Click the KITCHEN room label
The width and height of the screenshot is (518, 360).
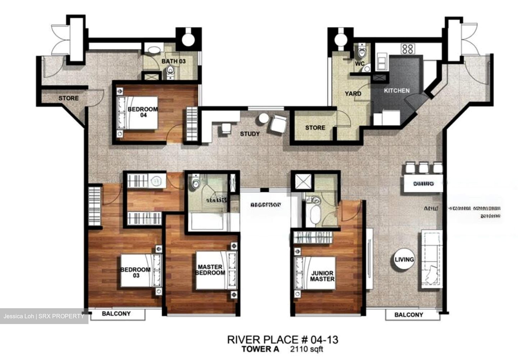pyautogui.click(x=396, y=91)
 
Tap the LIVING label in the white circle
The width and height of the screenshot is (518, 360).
pyautogui.click(x=404, y=259)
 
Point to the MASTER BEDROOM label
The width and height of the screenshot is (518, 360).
pyautogui.click(x=210, y=270)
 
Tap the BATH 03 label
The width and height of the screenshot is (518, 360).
pyautogui.click(x=173, y=61)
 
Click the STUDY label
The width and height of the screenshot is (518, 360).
pyautogui.click(x=250, y=134)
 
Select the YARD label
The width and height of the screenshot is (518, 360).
pyautogui.click(x=353, y=94)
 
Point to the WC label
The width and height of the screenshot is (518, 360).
pyautogui.click(x=360, y=64)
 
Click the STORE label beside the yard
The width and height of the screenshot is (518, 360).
pyautogui.click(x=315, y=128)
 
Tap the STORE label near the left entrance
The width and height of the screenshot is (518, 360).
pyautogui.click(x=68, y=98)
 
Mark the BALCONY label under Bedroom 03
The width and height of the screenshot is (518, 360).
pyautogui.click(x=116, y=314)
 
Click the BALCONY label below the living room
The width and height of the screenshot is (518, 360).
pyautogui.click(x=409, y=315)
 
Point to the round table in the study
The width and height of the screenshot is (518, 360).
pyautogui.click(x=264, y=118)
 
